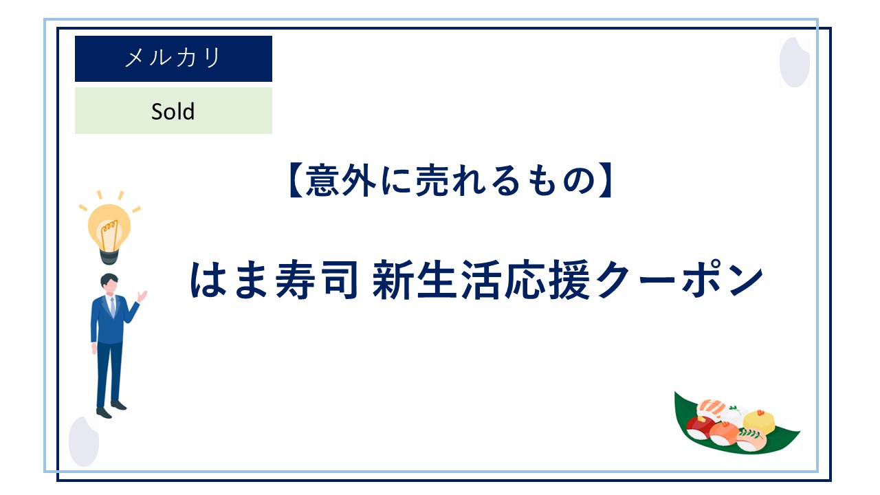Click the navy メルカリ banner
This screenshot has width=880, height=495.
coord(173,58)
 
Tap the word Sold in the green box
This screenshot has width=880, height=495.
coord(173,111)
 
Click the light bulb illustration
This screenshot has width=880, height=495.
coord(109,227)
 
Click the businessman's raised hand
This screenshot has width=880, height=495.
coord(142,296)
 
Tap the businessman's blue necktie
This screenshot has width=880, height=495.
coord(113,307)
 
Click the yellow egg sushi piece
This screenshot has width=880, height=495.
coord(758,421)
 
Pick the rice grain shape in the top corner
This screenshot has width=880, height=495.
coord(794,62)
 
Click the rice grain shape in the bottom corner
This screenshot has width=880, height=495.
coord(84,441)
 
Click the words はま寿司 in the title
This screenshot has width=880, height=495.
coord(274,280)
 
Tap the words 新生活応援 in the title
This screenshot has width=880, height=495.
coord(481,280)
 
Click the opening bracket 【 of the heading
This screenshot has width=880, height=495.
coord(296,181)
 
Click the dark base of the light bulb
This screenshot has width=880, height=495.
coord(109,256)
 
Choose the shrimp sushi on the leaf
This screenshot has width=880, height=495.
coord(711,408)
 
